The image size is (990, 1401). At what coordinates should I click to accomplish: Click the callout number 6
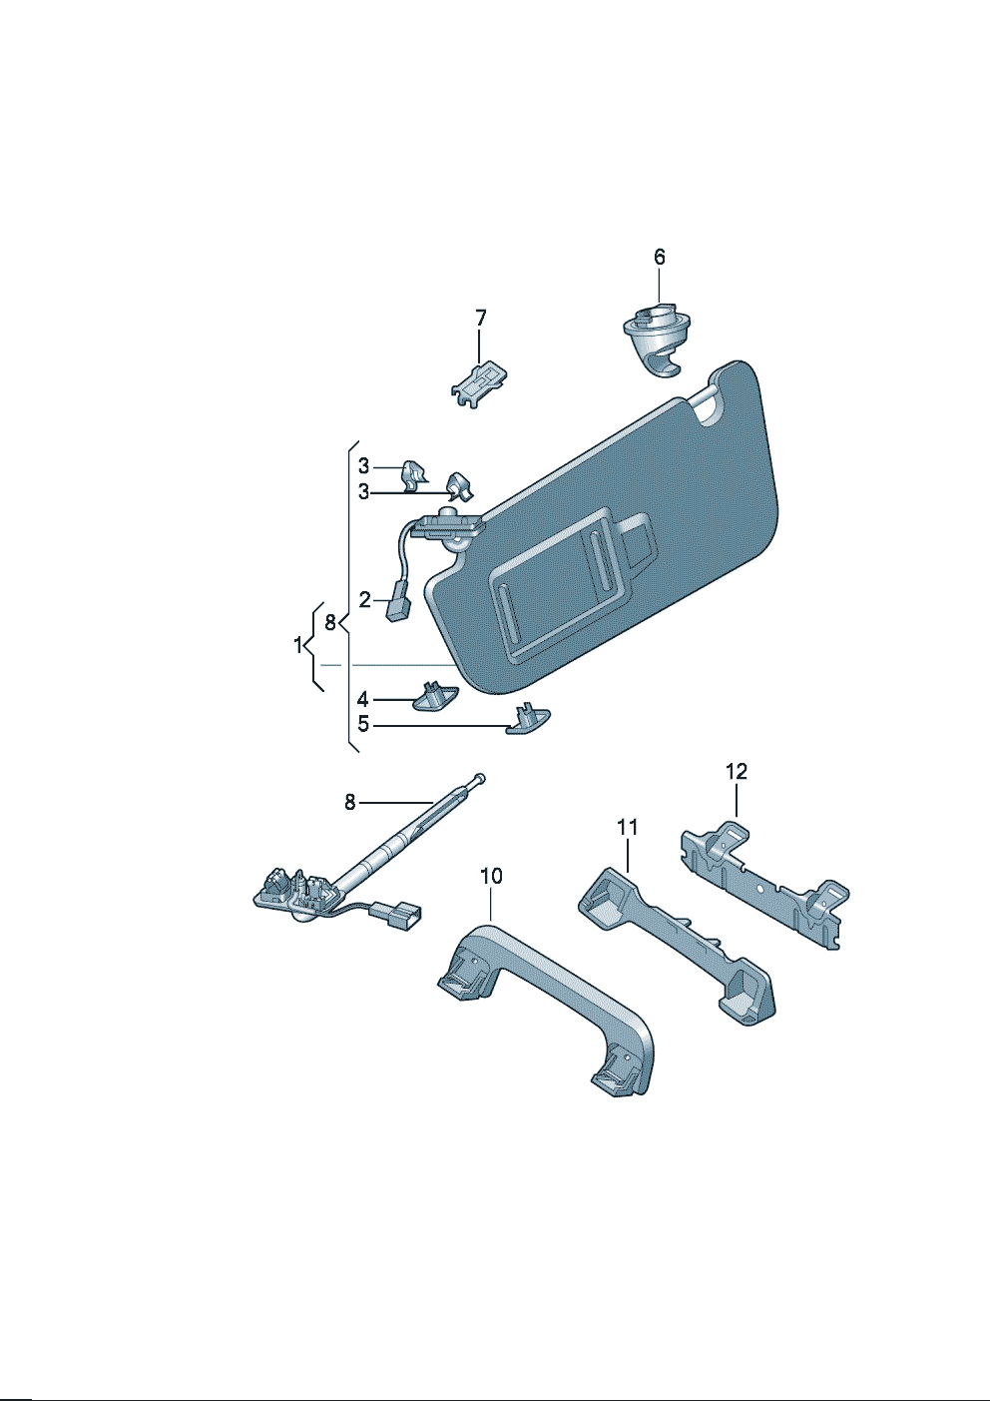tap(660, 257)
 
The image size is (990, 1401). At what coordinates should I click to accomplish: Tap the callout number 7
tap(480, 319)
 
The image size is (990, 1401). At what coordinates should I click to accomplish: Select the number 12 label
tap(737, 772)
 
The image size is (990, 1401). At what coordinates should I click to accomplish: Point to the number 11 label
tap(627, 827)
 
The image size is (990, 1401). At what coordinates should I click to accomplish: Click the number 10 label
tap(491, 877)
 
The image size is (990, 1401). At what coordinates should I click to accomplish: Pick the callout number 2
tap(364, 600)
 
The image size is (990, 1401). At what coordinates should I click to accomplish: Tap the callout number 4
tap(363, 699)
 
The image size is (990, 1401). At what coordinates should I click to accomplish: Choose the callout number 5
tap(363, 725)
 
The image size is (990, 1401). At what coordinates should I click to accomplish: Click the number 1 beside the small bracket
tap(298, 645)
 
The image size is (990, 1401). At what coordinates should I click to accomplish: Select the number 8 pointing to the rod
tap(349, 802)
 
